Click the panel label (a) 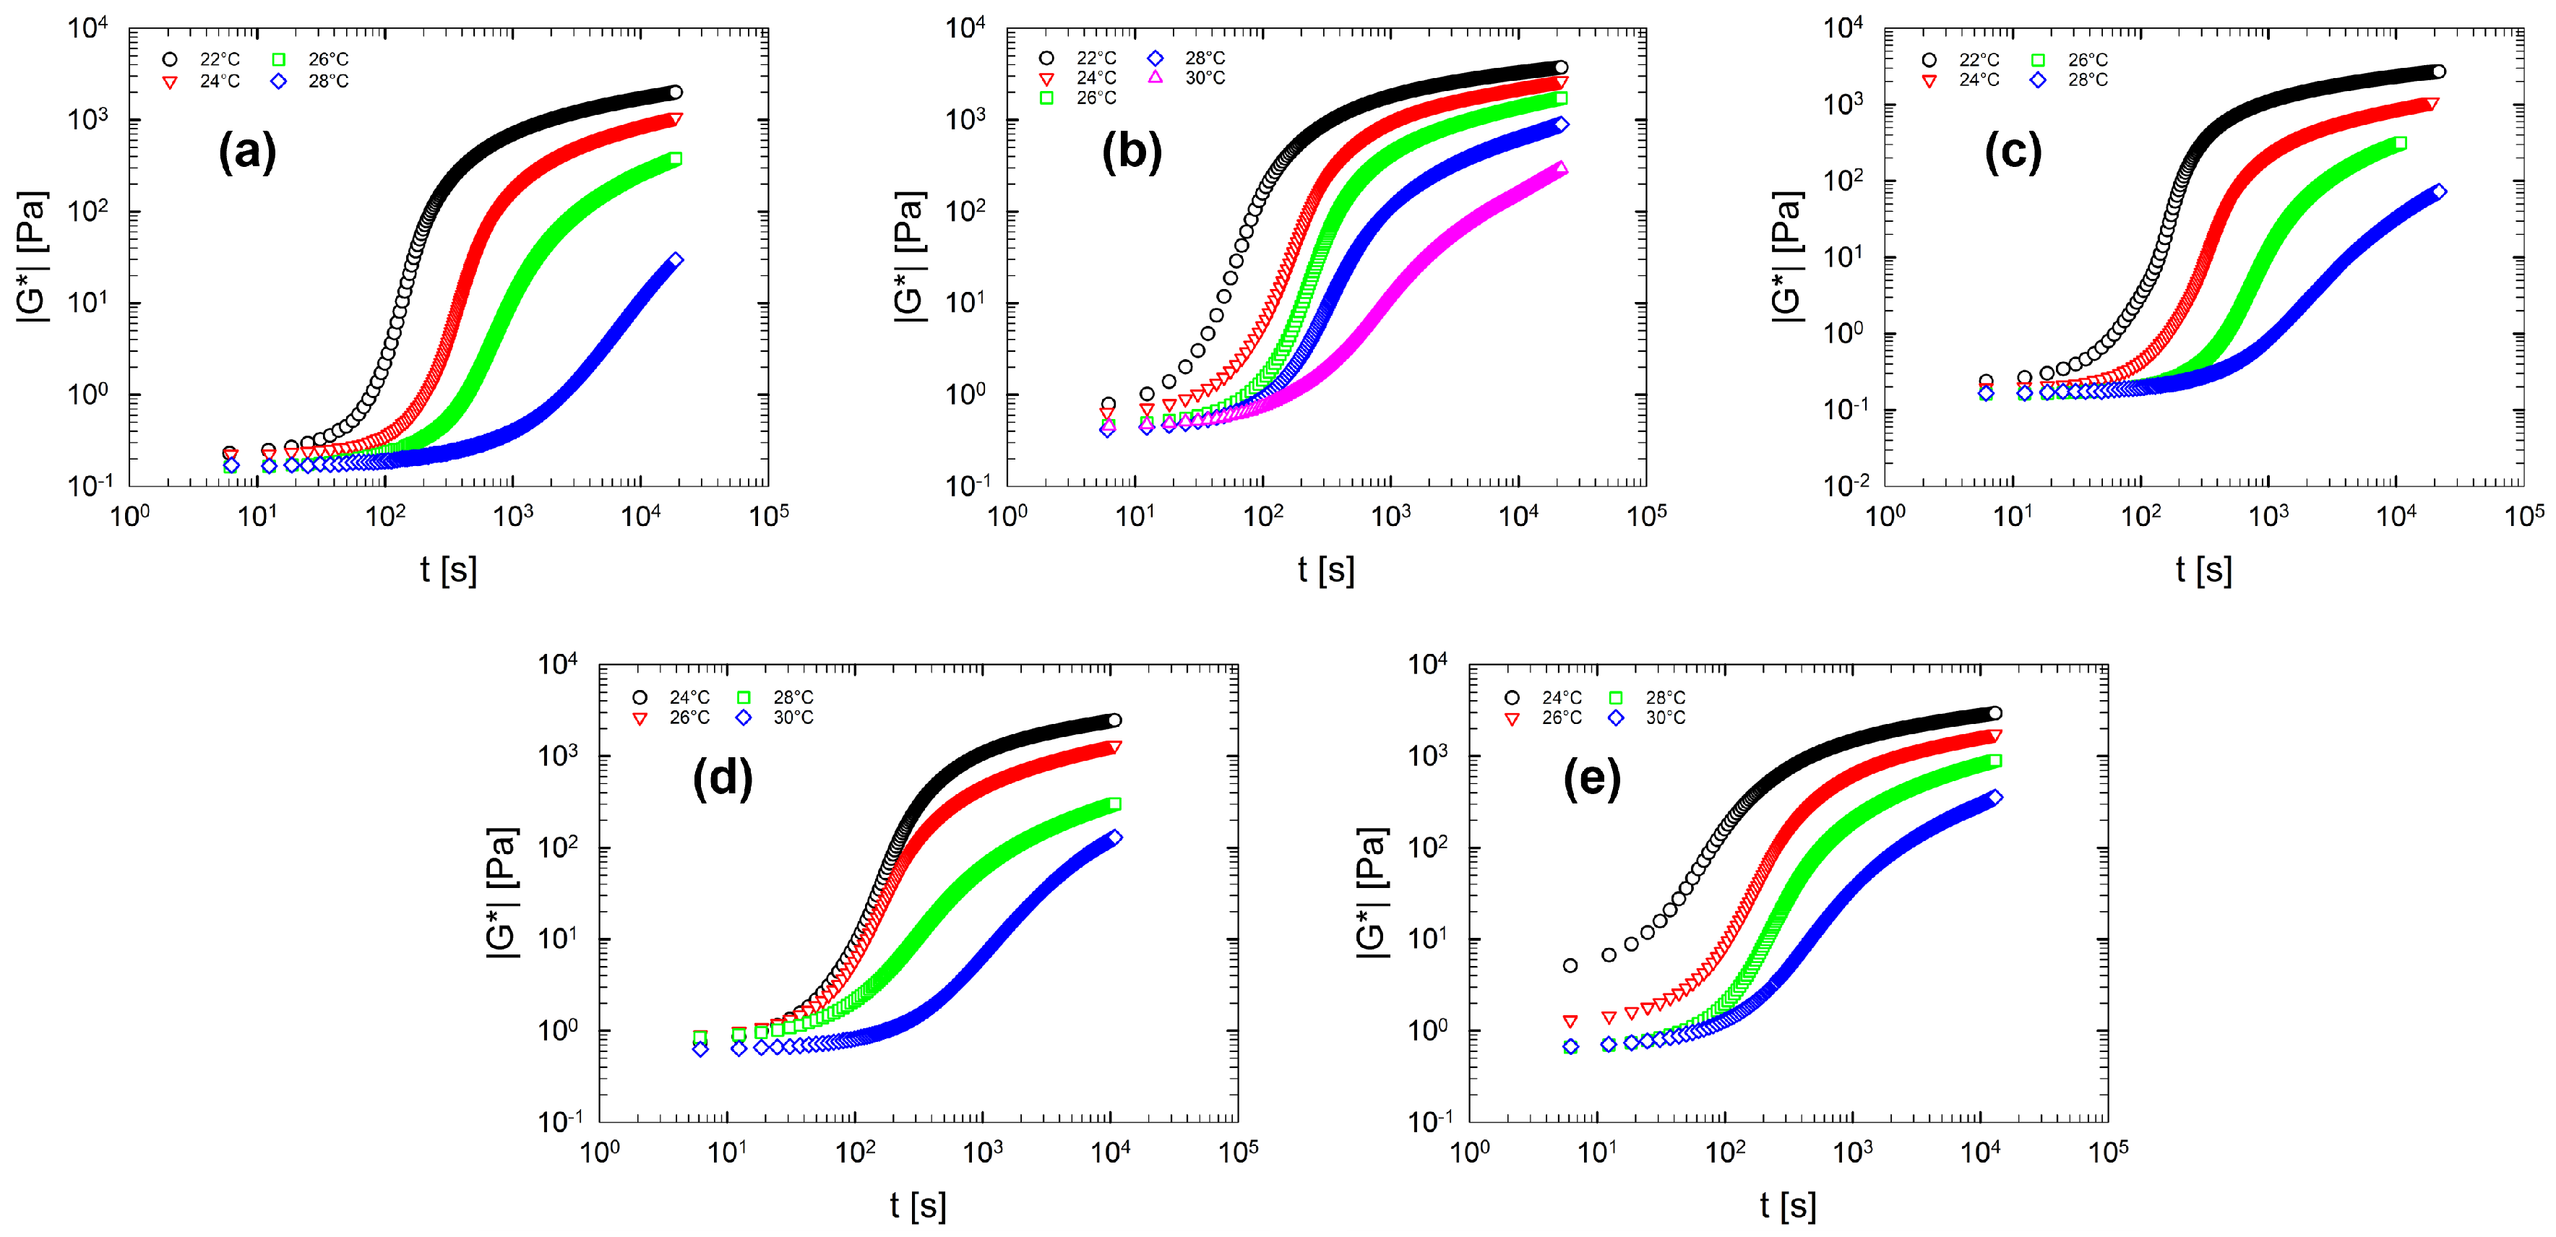(x=247, y=152)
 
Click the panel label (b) (x=1131, y=152)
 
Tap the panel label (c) (x=2013, y=152)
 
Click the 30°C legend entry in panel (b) (x=1189, y=77)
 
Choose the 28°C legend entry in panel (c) (x=2072, y=79)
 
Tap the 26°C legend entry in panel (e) (x=1546, y=717)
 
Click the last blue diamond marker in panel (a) (x=676, y=260)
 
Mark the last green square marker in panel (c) (x=2400, y=144)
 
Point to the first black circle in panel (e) (x=1570, y=965)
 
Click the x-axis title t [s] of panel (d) (x=918, y=1205)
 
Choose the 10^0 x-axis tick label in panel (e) (x=1470, y=1152)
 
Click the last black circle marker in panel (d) (x=1114, y=720)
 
